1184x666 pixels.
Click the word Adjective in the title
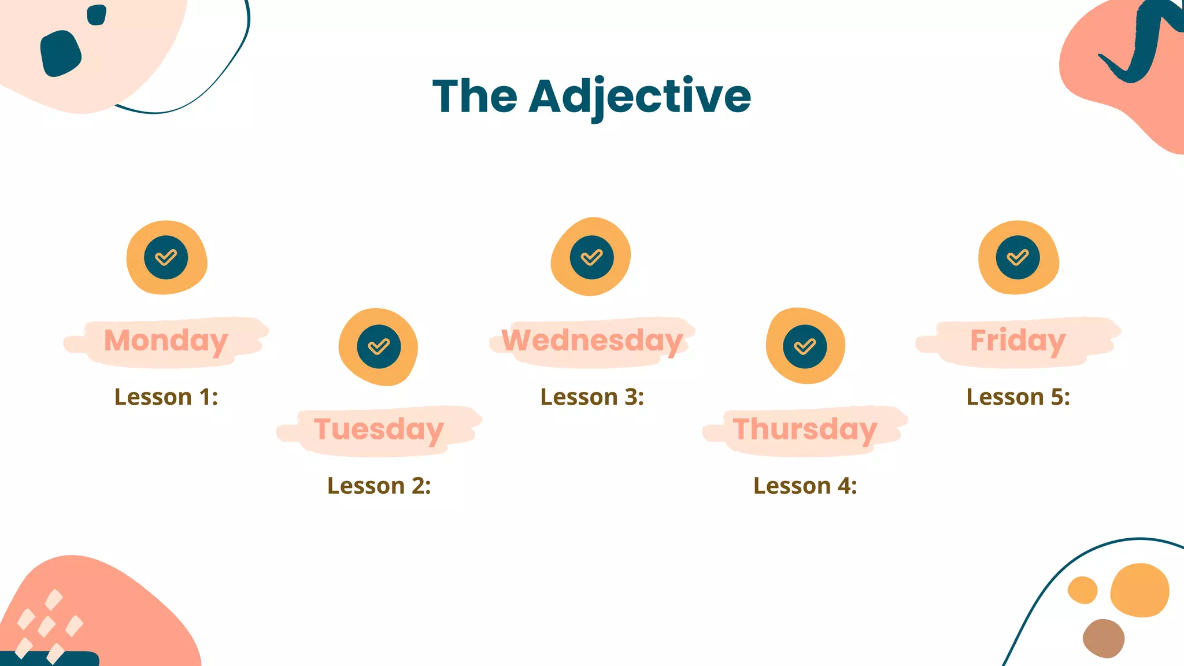click(x=640, y=96)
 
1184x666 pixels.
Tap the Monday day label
click(x=166, y=341)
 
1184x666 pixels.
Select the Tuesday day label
click(x=379, y=430)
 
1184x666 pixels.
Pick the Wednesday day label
click(x=592, y=341)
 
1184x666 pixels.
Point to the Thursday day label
click(x=805, y=430)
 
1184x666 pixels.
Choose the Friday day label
click(x=1017, y=341)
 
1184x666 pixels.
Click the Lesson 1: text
click(x=166, y=397)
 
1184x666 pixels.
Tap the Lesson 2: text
click(x=379, y=486)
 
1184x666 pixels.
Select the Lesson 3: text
click(x=592, y=397)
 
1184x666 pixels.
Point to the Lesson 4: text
click(x=805, y=486)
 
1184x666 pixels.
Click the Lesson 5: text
click(x=1018, y=397)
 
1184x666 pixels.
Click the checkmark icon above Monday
click(x=166, y=257)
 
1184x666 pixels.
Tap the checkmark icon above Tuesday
click(x=379, y=346)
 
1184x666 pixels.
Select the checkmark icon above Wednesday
click(x=592, y=257)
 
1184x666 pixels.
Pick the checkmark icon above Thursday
click(x=805, y=346)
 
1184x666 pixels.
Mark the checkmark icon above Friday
click(x=1018, y=257)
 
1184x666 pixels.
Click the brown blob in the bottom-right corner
click(x=1103, y=638)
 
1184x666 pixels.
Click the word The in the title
click(x=475, y=96)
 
